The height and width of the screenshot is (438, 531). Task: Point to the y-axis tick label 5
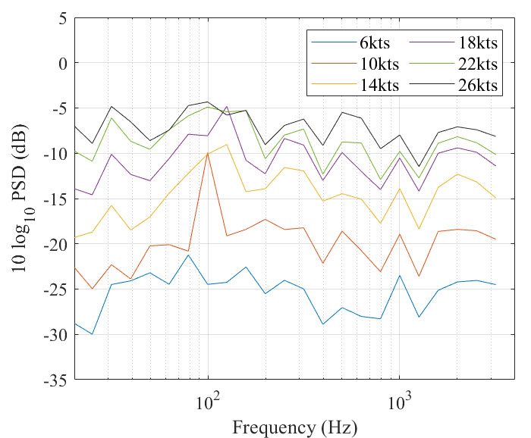(x=63, y=17)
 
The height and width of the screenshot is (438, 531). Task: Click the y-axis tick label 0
(x=63, y=63)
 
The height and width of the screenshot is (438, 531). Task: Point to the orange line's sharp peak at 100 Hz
(x=207, y=153)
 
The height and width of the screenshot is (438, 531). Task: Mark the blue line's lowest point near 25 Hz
(x=93, y=333)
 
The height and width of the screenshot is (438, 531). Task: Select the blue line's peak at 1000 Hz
(x=400, y=275)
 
